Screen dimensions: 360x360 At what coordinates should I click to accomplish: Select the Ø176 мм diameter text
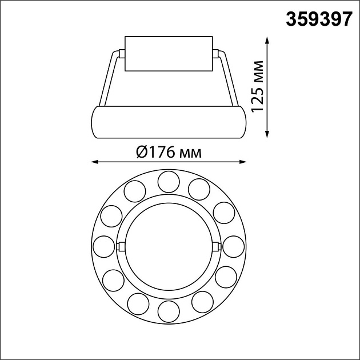pyautogui.click(x=169, y=152)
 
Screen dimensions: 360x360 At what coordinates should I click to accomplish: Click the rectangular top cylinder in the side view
pyautogui.click(x=169, y=54)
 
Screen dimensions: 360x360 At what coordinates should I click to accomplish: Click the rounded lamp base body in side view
pyautogui.click(x=169, y=122)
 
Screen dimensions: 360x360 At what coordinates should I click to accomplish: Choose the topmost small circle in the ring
pyautogui.click(x=169, y=181)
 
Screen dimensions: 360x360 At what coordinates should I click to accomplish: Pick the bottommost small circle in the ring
pyautogui.click(x=169, y=312)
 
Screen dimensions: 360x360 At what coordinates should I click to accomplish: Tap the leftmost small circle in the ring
pyautogui.click(x=103, y=247)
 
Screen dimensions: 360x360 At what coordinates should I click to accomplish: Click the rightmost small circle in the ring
pyautogui.click(x=234, y=247)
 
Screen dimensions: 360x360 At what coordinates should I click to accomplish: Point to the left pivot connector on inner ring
pyautogui.click(x=121, y=246)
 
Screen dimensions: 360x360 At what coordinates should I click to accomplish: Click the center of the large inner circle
pyautogui.click(x=169, y=246)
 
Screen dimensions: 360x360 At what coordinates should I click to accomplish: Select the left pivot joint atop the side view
pyautogui.click(x=121, y=54)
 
